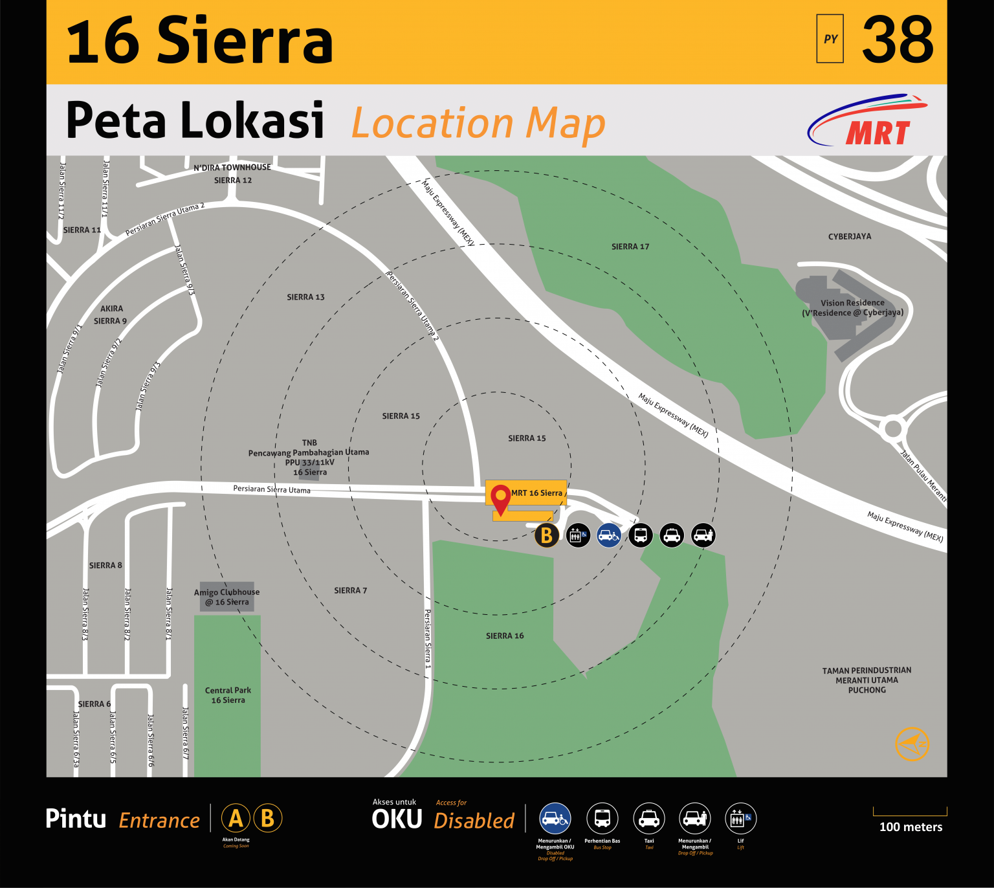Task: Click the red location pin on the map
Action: (x=500, y=498)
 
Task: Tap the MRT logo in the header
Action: (x=868, y=122)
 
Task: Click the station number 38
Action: (x=898, y=40)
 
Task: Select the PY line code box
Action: (x=830, y=39)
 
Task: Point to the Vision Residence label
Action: (x=852, y=308)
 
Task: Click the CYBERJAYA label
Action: (x=850, y=237)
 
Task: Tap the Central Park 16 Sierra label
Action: (x=228, y=695)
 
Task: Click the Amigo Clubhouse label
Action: (x=226, y=597)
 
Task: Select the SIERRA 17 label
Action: (x=630, y=247)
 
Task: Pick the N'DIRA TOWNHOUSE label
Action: (x=232, y=168)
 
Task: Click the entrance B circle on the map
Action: (x=547, y=535)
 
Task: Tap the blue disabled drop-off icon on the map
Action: (x=609, y=535)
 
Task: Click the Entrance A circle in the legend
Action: (x=236, y=818)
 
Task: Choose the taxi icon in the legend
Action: (x=649, y=819)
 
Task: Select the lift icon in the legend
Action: (x=740, y=819)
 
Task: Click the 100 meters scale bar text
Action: (x=911, y=827)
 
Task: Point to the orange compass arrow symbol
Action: (x=912, y=744)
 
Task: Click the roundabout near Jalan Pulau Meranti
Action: (x=893, y=428)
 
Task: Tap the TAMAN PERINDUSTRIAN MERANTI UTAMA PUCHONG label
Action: (x=867, y=680)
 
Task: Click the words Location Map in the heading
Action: (x=478, y=123)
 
